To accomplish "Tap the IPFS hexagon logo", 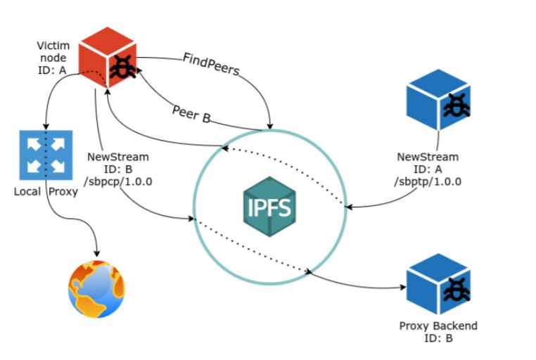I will (269, 205).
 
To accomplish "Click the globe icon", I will (97, 288).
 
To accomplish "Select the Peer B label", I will (191, 115).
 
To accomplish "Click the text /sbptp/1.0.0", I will (427, 181).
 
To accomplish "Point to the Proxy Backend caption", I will (438, 326).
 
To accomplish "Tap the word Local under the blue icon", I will (27, 191).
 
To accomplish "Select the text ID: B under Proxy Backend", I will (438, 338).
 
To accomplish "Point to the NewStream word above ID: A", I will (427, 157).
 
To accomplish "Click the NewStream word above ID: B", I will (118, 157).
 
